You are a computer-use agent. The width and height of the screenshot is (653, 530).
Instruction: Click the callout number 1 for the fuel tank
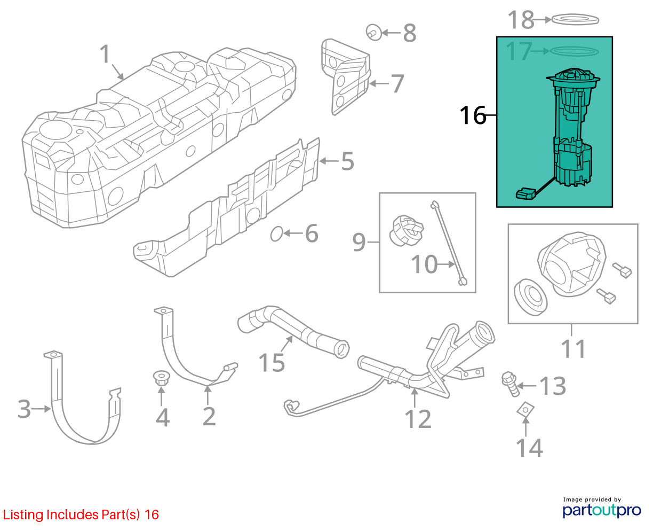click(x=105, y=54)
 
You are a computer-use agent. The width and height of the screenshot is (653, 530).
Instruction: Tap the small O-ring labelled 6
click(x=276, y=233)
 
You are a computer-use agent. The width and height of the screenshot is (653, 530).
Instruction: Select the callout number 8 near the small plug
click(x=409, y=33)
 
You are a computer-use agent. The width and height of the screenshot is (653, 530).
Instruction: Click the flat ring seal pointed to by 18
click(x=575, y=20)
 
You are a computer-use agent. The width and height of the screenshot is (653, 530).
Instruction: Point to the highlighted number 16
click(x=473, y=115)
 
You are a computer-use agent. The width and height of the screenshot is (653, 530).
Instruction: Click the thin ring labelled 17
click(x=574, y=51)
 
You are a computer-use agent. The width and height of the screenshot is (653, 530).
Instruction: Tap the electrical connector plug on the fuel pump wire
click(x=525, y=193)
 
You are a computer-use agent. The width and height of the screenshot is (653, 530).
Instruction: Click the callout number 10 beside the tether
click(x=424, y=264)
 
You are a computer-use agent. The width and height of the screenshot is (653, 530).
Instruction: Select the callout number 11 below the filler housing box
click(x=574, y=349)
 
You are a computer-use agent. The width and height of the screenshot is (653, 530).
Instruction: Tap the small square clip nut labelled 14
click(x=525, y=410)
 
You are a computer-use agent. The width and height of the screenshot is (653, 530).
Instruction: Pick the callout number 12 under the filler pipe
click(x=418, y=419)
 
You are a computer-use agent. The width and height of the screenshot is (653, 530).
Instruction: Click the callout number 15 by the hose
click(x=272, y=362)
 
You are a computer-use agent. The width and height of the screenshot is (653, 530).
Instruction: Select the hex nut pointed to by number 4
click(x=161, y=379)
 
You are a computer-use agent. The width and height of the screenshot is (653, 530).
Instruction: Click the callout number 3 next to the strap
click(x=24, y=409)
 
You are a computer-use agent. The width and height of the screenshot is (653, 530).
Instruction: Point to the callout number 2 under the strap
click(x=209, y=416)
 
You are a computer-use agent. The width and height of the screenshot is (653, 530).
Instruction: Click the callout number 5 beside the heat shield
click(x=347, y=161)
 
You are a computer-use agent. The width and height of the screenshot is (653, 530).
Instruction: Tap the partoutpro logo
click(x=602, y=509)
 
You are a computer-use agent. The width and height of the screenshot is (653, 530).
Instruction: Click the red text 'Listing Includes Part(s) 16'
click(x=81, y=515)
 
